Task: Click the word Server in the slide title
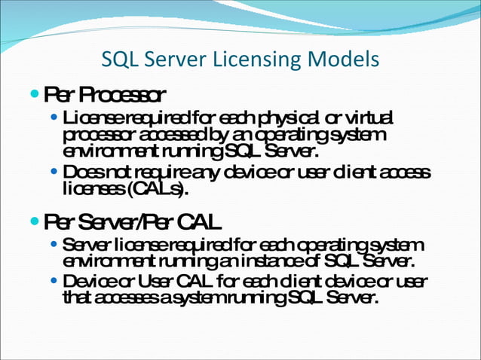[164, 59]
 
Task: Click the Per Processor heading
[105, 95]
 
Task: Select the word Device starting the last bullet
[87, 281]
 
